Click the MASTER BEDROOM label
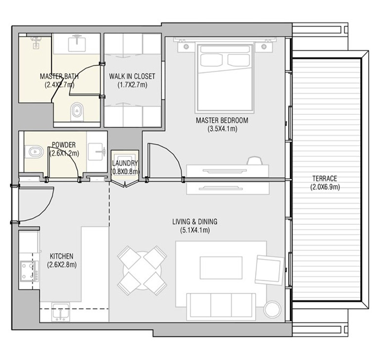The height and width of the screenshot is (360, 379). tap(222, 120)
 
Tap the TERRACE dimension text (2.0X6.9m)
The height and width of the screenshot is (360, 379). tap(325, 187)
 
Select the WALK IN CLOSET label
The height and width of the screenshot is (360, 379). tap(132, 76)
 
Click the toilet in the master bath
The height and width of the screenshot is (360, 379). tap(77, 111)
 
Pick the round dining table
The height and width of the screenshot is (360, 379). tap(142, 270)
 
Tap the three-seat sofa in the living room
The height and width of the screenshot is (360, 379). tap(221, 307)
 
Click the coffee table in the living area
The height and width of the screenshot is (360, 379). tap(221, 268)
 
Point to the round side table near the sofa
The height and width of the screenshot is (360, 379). tap(272, 309)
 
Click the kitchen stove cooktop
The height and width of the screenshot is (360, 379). tap(29, 271)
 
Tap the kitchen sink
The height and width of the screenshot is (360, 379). tap(60, 312)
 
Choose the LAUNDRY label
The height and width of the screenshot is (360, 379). tap(125, 163)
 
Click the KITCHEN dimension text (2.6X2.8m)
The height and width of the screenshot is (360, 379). tap(62, 265)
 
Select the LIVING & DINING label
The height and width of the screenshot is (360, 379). tap(195, 222)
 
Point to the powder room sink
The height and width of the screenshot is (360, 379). tap(96, 152)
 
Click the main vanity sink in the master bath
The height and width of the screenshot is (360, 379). tap(77, 43)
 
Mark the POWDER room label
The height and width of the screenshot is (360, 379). tap(64, 145)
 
